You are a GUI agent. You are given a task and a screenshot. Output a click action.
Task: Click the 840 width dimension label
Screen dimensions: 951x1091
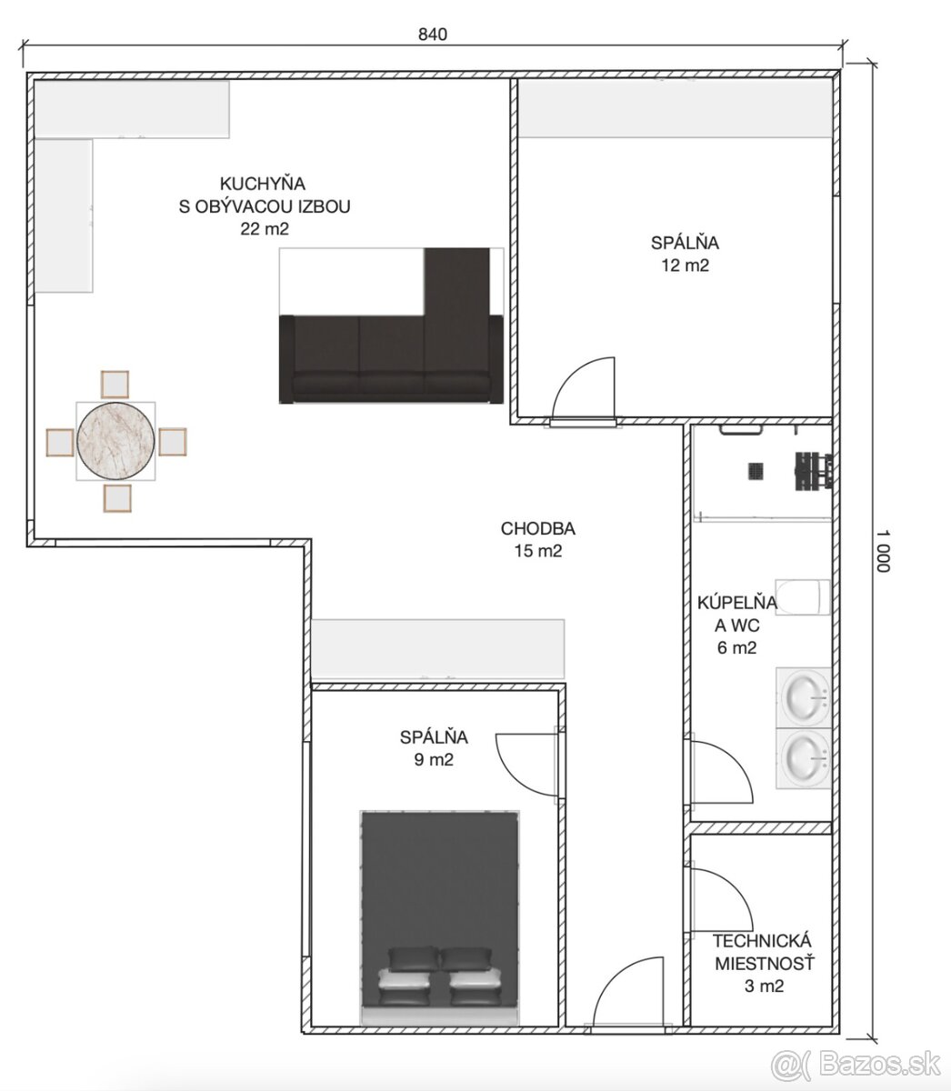pos(433,35)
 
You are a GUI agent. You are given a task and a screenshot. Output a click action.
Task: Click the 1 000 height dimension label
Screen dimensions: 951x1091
pos(883,550)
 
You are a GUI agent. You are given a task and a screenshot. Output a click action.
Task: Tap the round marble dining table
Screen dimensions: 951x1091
pos(115,441)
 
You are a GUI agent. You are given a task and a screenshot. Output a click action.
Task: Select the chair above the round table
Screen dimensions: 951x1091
pos(115,385)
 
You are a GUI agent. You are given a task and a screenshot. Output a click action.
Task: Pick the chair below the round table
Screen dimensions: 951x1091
pos(117,498)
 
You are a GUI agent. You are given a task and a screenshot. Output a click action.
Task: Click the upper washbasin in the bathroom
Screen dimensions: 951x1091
pos(804,697)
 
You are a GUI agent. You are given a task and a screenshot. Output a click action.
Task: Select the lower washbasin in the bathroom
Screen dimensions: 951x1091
pos(804,758)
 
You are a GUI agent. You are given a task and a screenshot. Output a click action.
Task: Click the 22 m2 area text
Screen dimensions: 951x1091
pos(265,229)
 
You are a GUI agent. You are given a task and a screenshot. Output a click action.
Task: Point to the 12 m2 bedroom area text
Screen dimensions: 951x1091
pos(685,265)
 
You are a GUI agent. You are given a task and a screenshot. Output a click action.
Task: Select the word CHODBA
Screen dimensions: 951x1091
pos(538,528)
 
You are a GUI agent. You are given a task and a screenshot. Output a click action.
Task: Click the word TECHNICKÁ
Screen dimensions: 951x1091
pos(761,941)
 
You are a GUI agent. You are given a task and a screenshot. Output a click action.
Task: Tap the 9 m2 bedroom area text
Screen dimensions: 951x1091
pos(434,759)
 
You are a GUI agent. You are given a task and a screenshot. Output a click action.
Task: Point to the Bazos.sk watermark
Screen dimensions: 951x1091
pos(856,1049)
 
